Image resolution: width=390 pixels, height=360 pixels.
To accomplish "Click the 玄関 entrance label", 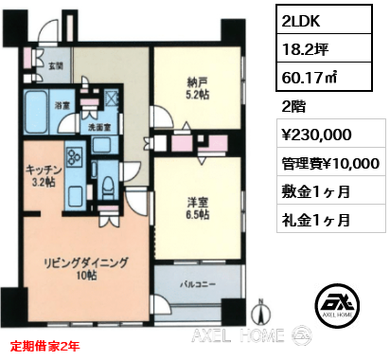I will (56, 65).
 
